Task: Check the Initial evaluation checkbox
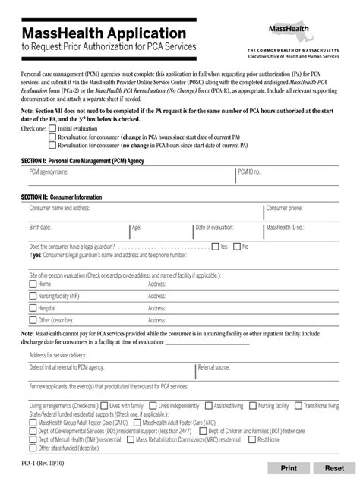(x=52, y=129)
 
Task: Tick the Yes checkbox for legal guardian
(x=215, y=247)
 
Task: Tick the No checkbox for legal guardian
(x=236, y=247)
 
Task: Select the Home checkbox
(x=33, y=284)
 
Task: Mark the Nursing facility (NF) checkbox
(x=33, y=297)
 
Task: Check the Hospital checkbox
(x=33, y=309)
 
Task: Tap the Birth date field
(x=76, y=231)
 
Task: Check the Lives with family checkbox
(x=104, y=406)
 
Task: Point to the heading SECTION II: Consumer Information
(x=62, y=197)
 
